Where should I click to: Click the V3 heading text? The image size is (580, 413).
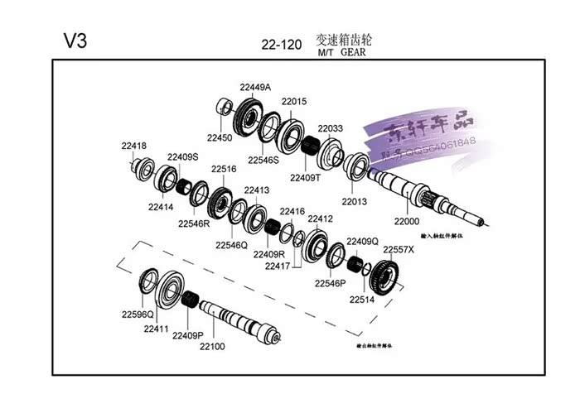click(x=75, y=41)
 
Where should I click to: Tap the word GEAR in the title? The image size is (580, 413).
click(x=353, y=51)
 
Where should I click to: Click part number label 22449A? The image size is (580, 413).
click(x=256, y=87)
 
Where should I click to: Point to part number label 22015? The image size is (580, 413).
click(x=293, y=102)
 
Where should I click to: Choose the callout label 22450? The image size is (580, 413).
click(x=220, y=137)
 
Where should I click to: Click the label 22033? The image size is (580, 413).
click(x=329, y=129)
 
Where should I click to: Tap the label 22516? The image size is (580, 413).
click(x=223, y=169)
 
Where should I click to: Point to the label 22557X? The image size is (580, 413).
click(x=398, y=249)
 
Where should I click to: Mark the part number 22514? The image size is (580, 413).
click(x=362, y=300)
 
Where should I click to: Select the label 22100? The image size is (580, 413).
click(x=211, y=346)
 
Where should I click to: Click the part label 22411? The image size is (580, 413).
click(x=156, y=329)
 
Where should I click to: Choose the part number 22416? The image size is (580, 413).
click(x=293, y=211)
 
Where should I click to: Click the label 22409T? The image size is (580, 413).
click(x=305, y=176)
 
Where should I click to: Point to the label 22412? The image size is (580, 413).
click(x=320, y=219)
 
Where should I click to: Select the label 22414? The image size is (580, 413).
click(x=161, y=207)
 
